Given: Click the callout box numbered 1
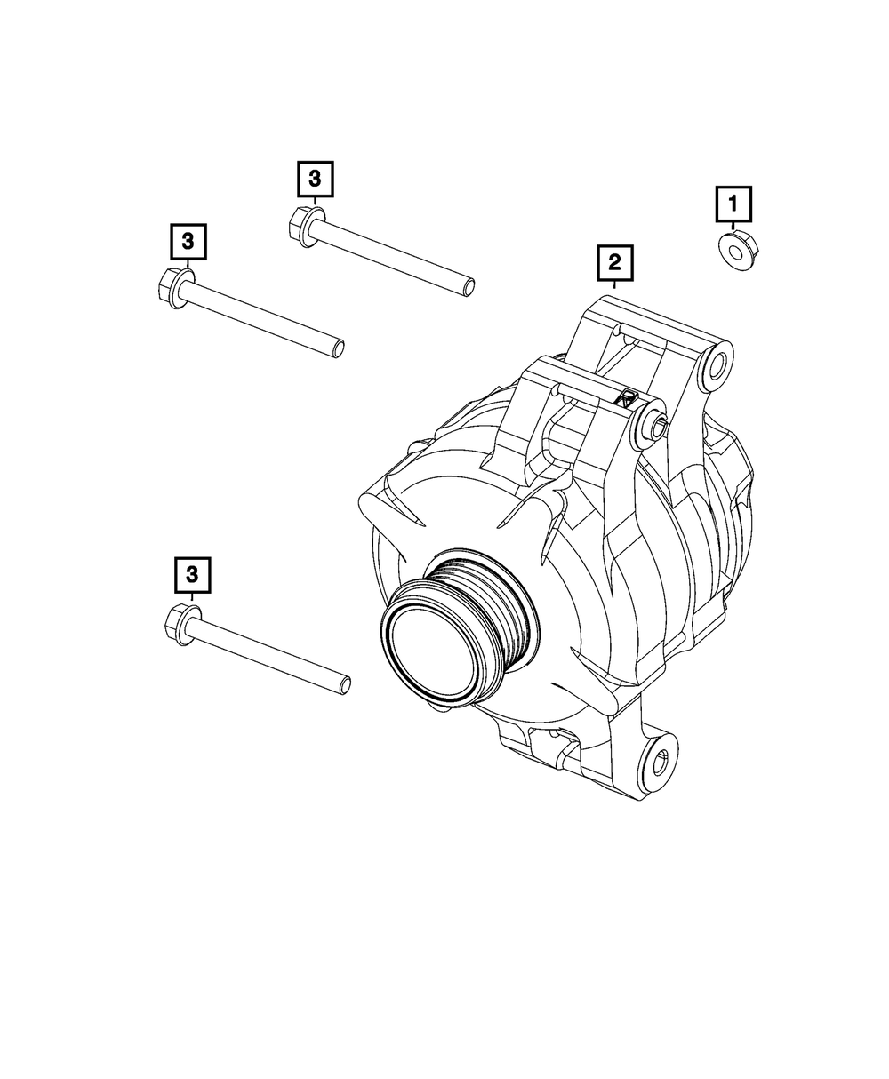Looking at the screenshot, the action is tap(733, 204).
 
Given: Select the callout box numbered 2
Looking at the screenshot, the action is tap(614, 262).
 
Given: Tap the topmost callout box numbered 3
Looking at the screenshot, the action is tap(316, 179).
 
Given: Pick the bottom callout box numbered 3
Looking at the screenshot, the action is tap(192, 575).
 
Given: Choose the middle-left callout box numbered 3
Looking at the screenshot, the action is tap(188, 242).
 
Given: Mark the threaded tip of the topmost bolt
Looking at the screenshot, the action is tap(468, 286).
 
